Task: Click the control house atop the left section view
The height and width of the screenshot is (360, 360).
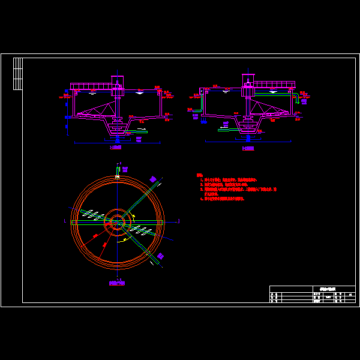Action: click(117, 82)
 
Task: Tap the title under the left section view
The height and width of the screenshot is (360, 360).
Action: click(116, 147)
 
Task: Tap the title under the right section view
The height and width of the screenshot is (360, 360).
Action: click(248, 148)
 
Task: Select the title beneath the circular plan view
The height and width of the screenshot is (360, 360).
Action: click(117, 283)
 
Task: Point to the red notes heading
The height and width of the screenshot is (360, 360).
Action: click(199, 175)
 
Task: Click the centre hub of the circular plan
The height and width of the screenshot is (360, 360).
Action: click(117, 222)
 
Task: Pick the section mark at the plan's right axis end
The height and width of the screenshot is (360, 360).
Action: click(179, 221)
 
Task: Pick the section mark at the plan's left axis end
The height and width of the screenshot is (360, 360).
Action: click(64, 221)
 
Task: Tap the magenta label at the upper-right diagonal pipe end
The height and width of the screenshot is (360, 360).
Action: click(153, 179)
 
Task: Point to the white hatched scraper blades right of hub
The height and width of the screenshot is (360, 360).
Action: click(142, 230)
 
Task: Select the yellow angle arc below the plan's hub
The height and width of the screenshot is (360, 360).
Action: click(124, 239)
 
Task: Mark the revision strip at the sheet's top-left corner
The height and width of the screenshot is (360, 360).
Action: click(17, 73)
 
